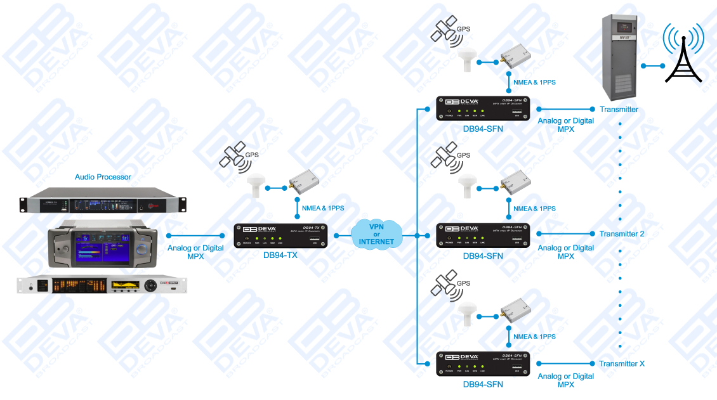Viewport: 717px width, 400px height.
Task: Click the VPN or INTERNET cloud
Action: coord(376,233)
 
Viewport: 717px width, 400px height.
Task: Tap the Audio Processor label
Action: coord(103,177)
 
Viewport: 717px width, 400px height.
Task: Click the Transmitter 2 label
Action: coord(621,234)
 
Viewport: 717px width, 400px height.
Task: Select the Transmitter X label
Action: coord(621,364)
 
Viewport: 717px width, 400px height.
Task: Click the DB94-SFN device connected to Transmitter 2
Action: coord(483,235)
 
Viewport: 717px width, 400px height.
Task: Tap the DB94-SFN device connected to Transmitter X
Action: coord(483,363)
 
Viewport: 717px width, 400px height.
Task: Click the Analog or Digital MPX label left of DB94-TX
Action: coord(195,252)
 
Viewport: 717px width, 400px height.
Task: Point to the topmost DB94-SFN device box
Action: coord(483,108)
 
